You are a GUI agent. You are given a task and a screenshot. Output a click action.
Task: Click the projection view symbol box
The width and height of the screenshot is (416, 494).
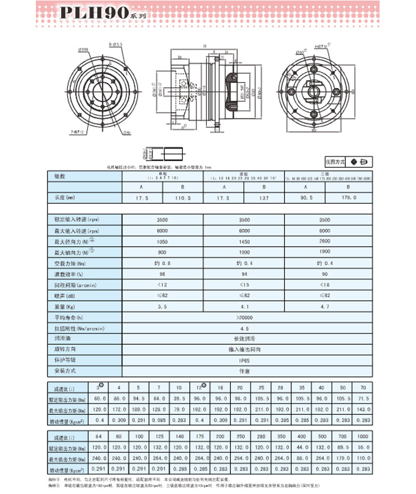click(360, 162)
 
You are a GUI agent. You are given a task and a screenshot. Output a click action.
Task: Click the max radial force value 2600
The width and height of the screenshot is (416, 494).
click(324, 242)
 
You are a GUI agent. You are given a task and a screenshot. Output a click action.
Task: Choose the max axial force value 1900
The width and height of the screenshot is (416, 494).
click(324, 253)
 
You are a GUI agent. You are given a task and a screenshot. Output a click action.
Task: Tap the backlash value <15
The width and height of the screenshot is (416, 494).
click(244, 285)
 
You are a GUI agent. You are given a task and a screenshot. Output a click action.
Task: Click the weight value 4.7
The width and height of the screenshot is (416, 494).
click(324, 307)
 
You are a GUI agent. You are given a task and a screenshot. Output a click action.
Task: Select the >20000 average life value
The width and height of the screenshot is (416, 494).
click(244, 317)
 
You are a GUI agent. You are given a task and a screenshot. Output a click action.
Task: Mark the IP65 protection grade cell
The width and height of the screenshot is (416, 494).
click(244, 360)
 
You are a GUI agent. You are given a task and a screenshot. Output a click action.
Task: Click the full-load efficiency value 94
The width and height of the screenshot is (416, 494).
click(244, 274)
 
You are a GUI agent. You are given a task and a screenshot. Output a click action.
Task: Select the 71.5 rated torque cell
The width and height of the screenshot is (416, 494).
click(362, 399)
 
